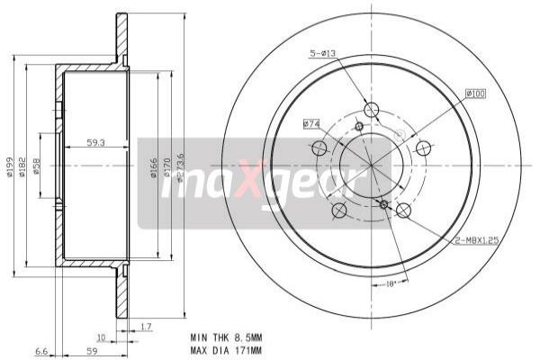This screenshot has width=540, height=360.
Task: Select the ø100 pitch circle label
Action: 476,94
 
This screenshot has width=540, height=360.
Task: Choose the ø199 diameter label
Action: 10,166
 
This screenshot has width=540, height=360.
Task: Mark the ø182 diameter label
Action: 23,166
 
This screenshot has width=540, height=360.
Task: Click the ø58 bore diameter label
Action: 37,166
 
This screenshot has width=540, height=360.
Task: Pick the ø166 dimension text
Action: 154,167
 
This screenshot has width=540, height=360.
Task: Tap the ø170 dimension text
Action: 167,167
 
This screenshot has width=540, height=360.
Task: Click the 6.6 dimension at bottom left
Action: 40,352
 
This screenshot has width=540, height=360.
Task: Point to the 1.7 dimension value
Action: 147,327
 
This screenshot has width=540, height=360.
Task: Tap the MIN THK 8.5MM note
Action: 226,337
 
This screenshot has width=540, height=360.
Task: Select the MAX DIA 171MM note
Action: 226,350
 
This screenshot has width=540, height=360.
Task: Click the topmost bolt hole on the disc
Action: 372,110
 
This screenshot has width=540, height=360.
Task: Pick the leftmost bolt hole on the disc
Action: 319,148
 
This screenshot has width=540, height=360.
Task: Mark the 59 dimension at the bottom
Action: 90,352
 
